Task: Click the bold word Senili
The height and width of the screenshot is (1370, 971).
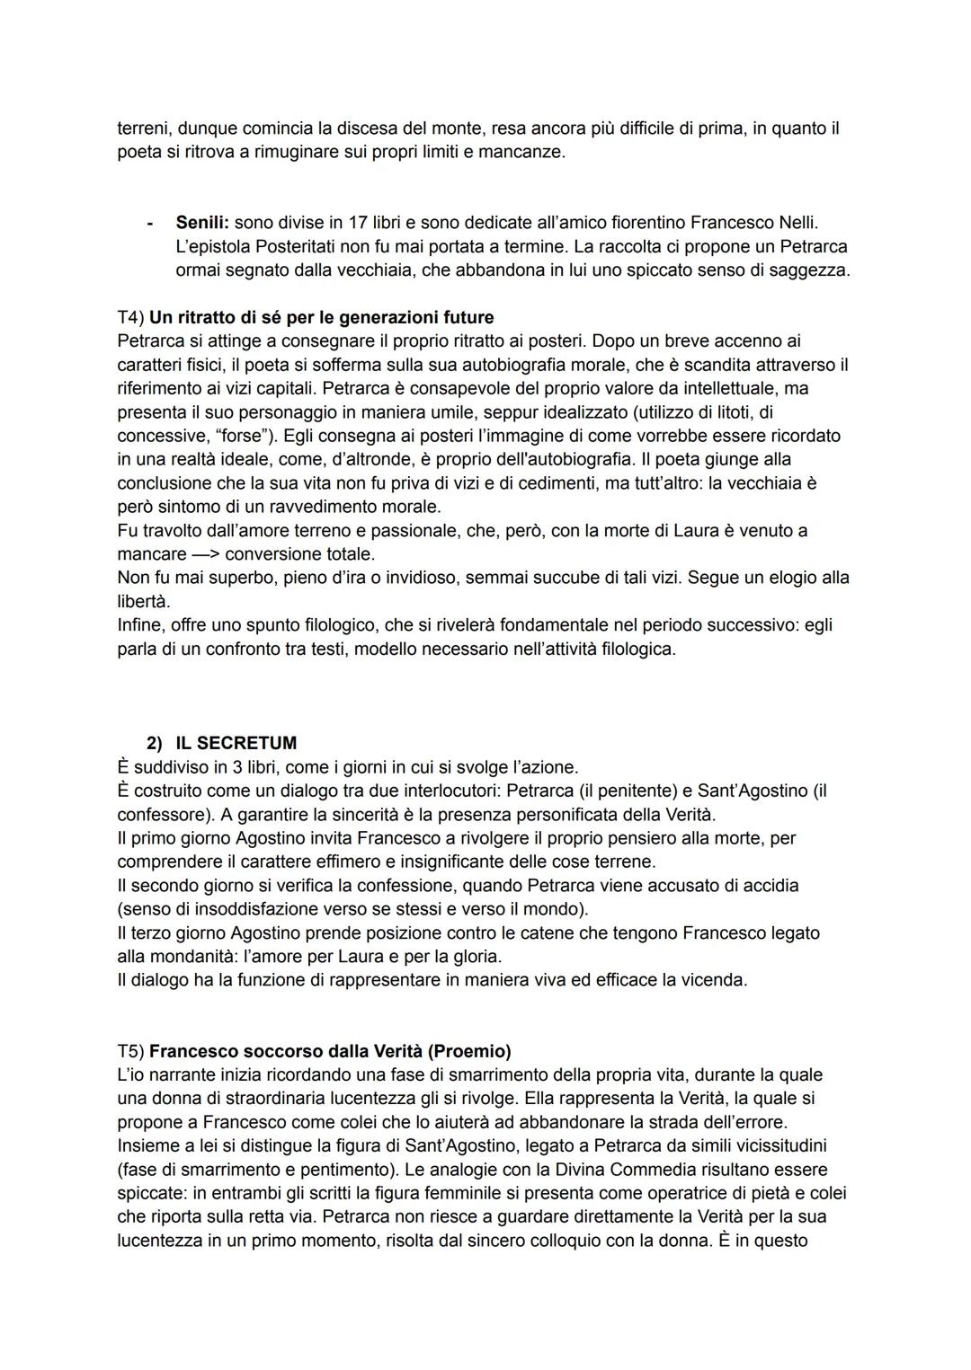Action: pyautogui.click(x=202, y=223)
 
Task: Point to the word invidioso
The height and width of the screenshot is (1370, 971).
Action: pyautogui.click(x=418, y=578)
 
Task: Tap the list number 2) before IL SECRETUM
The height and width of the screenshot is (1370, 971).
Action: pyautogui.click(x=155, y=744)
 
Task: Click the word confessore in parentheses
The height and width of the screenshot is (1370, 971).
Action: pyautogui.click(x=159, y=815)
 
